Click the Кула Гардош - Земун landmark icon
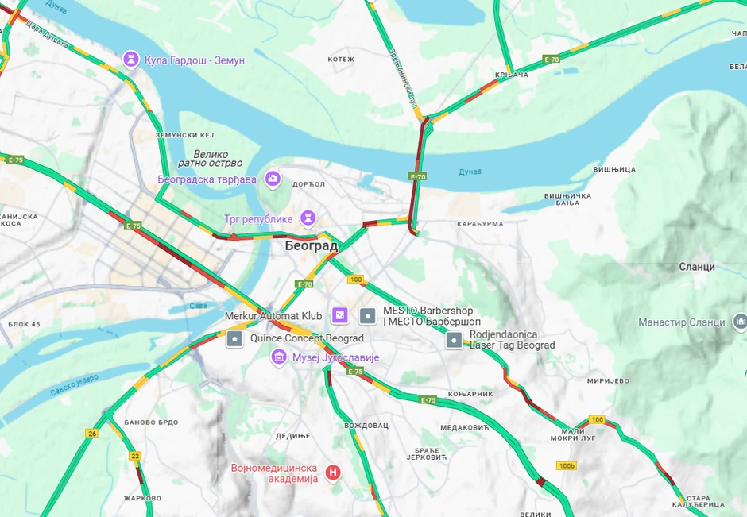point(131,60)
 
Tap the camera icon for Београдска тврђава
point(273,179)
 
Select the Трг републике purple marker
point(308,218)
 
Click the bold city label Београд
point(312,246)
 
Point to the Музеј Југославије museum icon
point(279,357)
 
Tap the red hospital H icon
point(334,473)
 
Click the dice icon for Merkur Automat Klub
point(339,316)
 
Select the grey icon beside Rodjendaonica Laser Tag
point(454,340)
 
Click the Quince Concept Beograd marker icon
point(234,339)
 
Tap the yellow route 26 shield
point(92,433)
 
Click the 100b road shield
point(566,465)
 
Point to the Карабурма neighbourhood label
point(480,224)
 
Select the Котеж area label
point(341,60)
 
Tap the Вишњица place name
point(614,169)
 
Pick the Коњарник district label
point(470,394)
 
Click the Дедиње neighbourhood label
point(292,436)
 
